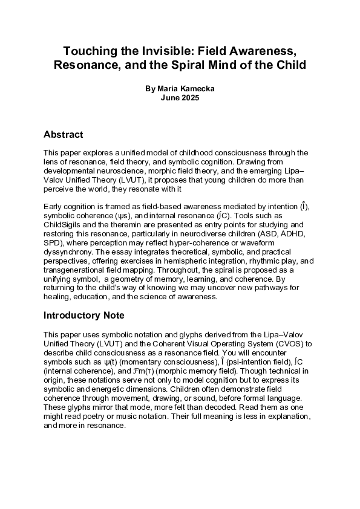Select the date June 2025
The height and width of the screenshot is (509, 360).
click(x=180, y=97)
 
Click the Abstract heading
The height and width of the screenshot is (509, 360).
click(x=64, y=134)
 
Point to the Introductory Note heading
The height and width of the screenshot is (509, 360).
click(x=84, y=315)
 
